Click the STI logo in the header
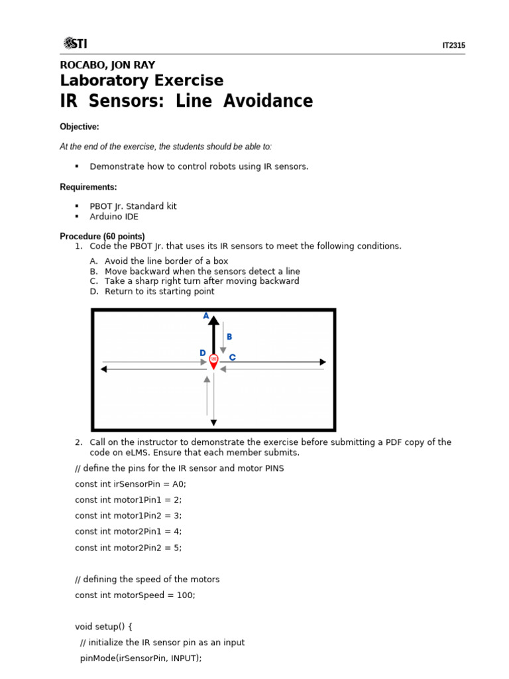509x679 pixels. [75, 44]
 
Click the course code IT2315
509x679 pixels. [453, 46]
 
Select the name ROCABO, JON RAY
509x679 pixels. [107, 65]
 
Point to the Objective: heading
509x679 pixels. [80, 127]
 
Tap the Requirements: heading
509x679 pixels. [88, 187]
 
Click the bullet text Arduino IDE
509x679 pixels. [114, 217]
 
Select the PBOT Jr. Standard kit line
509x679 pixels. [133, 206]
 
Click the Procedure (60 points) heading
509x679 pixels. [102, 236]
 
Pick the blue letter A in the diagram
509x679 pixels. [206, 316]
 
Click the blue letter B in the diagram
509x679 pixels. [229, 337]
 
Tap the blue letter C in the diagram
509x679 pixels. [232, 357]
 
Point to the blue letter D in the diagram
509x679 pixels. [203, 353]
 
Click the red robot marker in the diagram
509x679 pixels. [213, 361]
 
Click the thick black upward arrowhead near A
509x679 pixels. [213, 320]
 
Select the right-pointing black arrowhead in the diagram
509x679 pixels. [323, 362]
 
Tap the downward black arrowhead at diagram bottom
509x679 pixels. [213, 422]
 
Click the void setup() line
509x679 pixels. [104, 627]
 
